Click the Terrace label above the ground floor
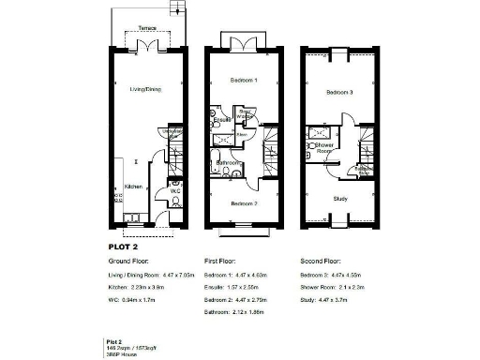tap(146, 29)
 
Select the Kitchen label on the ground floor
tap(133, 187)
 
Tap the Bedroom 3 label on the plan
tap(339, 93)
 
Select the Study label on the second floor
tap(339, 199)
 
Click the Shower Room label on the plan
tap(325, 147)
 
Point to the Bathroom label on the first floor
tap(229, 162)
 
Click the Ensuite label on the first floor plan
tap(223, 121)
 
